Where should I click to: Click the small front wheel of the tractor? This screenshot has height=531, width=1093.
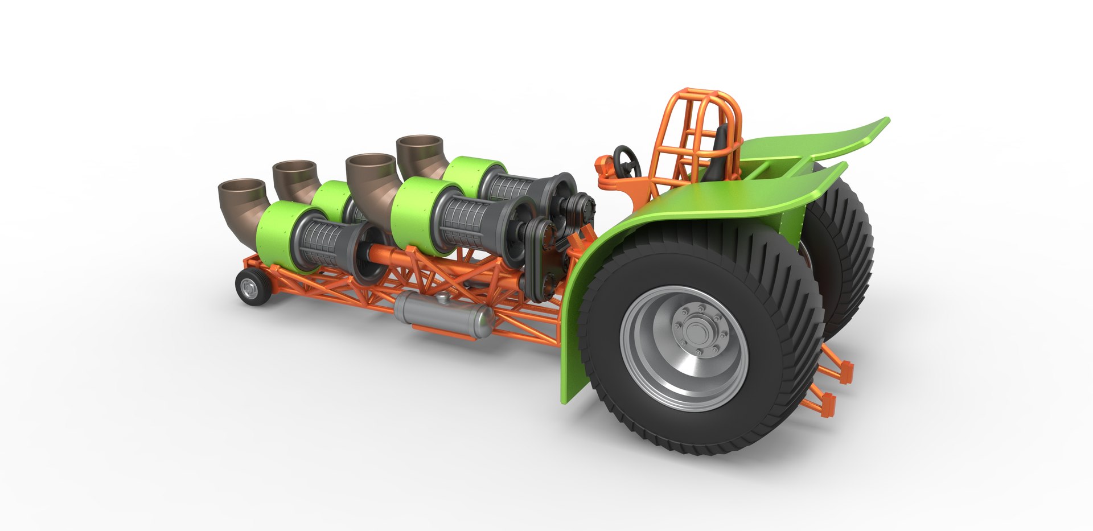250,287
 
